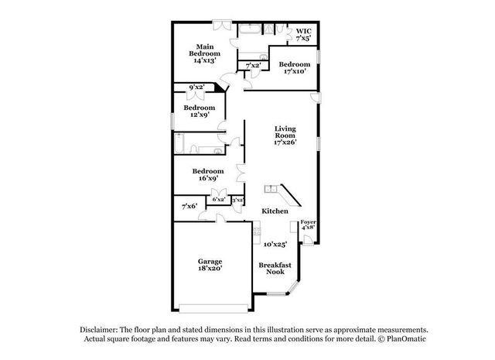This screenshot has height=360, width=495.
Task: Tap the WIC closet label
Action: [304, 33]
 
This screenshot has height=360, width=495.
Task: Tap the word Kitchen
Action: [275, 211]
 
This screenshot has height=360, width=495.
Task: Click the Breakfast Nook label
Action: [275, 269]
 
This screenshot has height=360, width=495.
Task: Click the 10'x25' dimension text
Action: [275, 245]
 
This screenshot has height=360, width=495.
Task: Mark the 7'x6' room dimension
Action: [189, 207]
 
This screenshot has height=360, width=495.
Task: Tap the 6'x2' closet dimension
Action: [219, 200]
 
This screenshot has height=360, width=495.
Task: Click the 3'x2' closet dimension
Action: [238, 200]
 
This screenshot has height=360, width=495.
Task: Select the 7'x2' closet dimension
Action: [252, 66]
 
